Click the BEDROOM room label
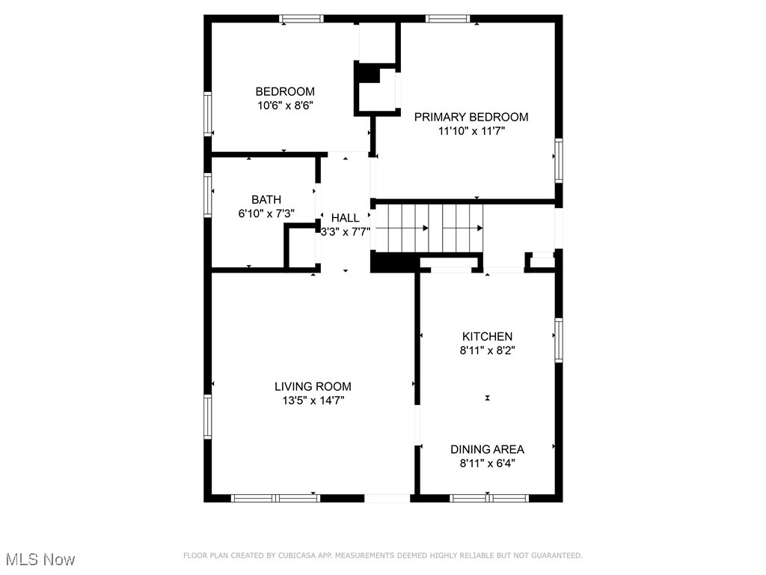(x=284, y=92)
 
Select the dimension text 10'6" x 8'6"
(x=284, y=106)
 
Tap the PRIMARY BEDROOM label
(x=471, y=117)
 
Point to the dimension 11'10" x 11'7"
(x=471, y=131)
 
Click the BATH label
(x=266, y=200)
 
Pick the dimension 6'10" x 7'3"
(x=266, y=213)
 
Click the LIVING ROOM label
(x=313, y=386)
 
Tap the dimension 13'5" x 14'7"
(x=313, y=401)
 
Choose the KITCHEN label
(x=487, y=336)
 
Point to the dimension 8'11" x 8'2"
(x=487, y=350)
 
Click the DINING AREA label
(x=487, y=449)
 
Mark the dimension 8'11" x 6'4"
(x=487, y=463)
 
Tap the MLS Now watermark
(x=40, y=559)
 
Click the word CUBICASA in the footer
(x=299, y=556)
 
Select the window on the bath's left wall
(x=208, y=195)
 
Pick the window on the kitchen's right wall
(x=558, y=341)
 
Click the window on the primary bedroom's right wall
(x=558, y=161)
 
